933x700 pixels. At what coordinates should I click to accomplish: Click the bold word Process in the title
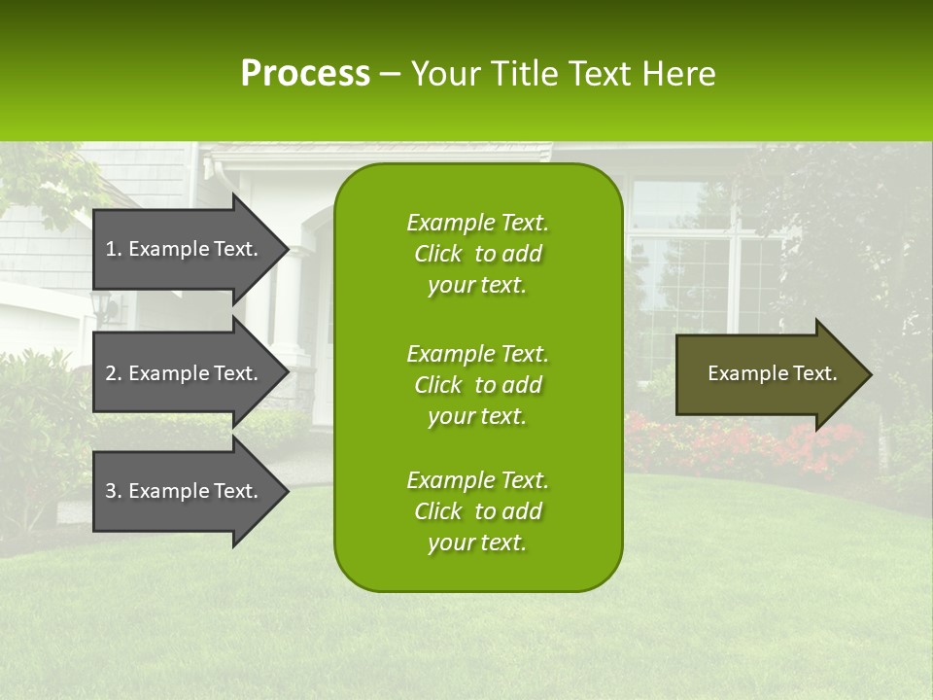click(x=305, y=74)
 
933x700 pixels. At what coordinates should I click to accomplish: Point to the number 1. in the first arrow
click(x=114, y=249)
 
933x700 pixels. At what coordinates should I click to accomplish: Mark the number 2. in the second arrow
click(x=114, y=373)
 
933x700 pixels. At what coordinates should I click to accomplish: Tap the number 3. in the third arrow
click(x=114, y=491)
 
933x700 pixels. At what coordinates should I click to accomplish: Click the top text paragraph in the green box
click(x=477, y=254)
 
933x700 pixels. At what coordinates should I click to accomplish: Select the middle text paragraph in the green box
click(x=477, y=385)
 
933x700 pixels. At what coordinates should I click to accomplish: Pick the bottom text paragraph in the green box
click(x=477, y=511)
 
